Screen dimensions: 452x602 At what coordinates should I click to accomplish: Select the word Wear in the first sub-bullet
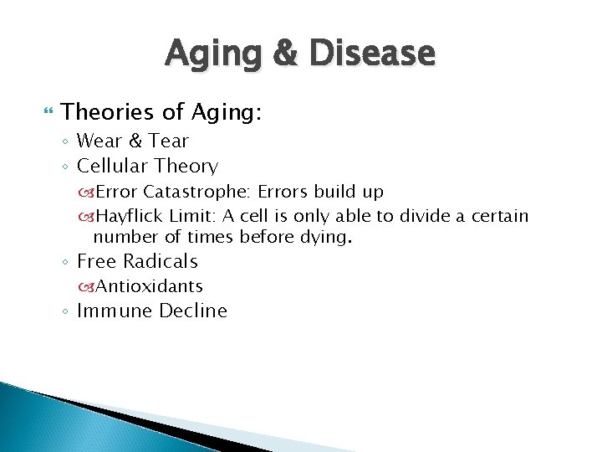point(99,141)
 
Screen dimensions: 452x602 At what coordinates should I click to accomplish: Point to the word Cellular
point(110,167)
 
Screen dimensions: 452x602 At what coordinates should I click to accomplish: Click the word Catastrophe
point(196,192)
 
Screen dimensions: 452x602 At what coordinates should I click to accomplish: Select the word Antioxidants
point(150,286)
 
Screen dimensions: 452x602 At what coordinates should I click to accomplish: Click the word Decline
point(193,311)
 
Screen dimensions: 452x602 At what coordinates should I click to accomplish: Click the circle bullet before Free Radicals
point(65,263)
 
